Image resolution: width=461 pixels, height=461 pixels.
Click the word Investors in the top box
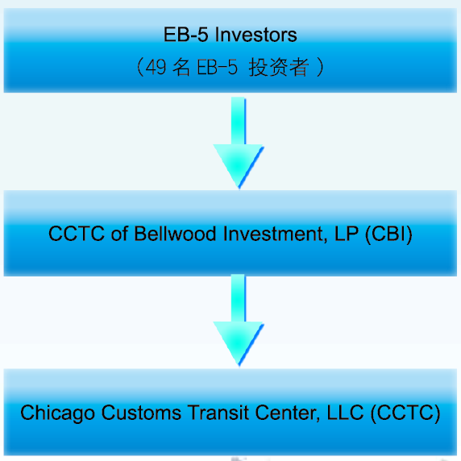pyautogui.click(x=255, y=35)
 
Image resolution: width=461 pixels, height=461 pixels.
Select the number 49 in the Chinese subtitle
pyautogui.click(x=156, y=67)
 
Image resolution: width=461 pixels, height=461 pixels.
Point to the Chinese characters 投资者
pyautogui.click(x=279, y=67)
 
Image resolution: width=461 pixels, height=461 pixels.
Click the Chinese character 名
pyautogui.click(x=181, y=67)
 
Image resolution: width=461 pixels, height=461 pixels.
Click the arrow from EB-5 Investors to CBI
pyautogui.click(x=238, y=143)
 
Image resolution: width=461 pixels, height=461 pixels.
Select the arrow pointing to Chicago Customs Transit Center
pyautogui.click(x=238, y=321)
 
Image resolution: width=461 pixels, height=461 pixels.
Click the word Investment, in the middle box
pyautogui.click(x=276, y=235)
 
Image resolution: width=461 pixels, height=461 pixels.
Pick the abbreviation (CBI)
pyautogui.click(x=388, y=235)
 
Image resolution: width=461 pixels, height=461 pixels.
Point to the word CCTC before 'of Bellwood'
pyautogui.click(x=77, y=234)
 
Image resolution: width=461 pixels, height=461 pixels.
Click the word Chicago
pyautogui.click(x=58, y=413)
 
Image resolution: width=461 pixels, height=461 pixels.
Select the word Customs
pyautogui.click(x=141, y=413)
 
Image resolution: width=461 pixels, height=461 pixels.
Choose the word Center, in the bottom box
pyautogui.click(x=288, y=413)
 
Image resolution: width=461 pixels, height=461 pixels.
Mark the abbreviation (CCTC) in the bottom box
pyautogui.click(x=405, y=413)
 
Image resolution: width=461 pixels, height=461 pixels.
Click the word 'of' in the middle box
pyautogui.click(x=119, y=234)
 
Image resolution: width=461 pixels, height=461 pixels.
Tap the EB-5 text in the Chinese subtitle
pyautogui.click(x=217, y=67)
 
